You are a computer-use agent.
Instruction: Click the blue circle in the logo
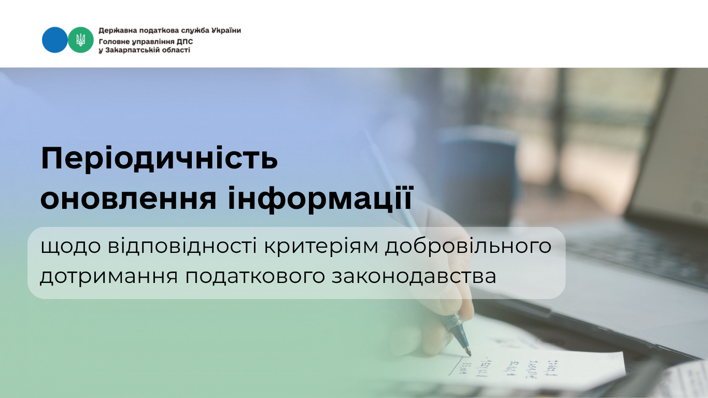(x=54, y=40)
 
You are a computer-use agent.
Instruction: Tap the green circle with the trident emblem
(x=81, y=40)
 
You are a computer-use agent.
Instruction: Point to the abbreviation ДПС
(x=185, y=42)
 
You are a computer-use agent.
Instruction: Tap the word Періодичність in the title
(x=159, y=159)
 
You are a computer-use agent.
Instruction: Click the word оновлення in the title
(x=129, y=198)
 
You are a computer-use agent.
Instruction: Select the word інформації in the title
(x=321, y=198)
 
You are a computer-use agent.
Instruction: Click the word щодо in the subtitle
(x=71, y=247)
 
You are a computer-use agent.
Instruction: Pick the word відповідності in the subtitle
(x=182, y=246)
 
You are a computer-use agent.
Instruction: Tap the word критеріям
(x=321, y=247)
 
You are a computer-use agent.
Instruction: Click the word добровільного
(x=468, y=246)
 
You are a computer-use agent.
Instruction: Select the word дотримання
(x=109, y=277)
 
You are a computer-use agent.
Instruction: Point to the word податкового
(x=255, y=277)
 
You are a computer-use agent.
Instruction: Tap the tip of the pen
(x=470, y=354)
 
